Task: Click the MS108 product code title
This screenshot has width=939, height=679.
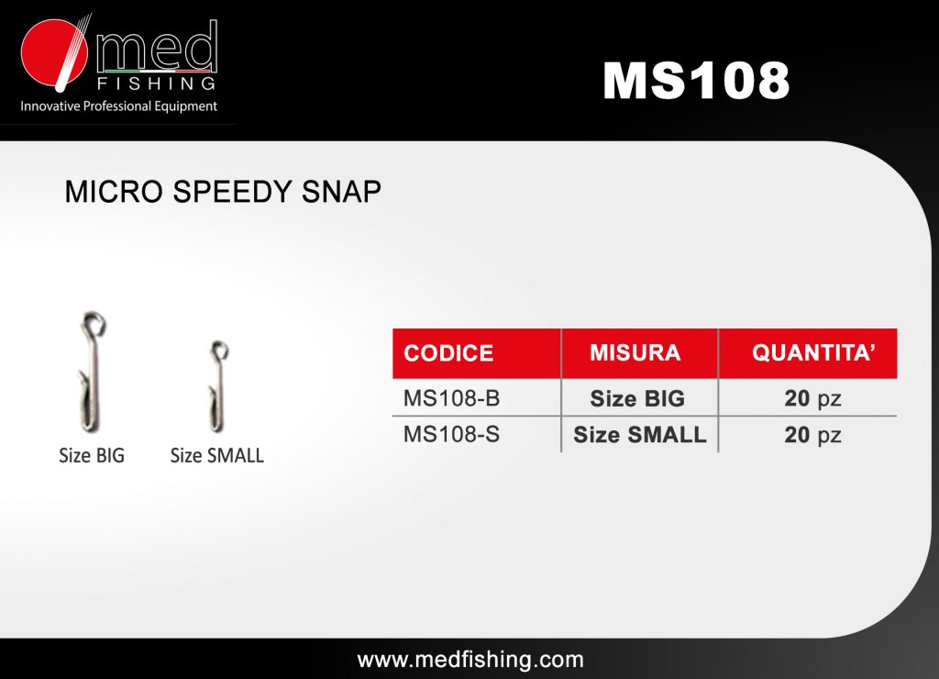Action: coord(696,80)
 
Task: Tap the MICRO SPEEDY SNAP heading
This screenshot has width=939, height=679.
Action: coord(223,192)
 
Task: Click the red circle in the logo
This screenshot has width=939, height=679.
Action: coord(52,52)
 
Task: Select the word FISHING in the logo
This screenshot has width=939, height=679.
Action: coord(156,83)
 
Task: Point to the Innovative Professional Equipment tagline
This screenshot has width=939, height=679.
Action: coord(118,106)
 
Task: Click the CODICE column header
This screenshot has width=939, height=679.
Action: coord(448,353)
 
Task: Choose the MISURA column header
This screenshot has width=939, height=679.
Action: coord(635,352)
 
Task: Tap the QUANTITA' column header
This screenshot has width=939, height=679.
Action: coord(814,352)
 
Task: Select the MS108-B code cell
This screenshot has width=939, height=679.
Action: coord(451,398)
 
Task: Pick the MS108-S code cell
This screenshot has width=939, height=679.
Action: coord(451,434)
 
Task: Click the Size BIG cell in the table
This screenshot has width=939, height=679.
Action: coord(637,398)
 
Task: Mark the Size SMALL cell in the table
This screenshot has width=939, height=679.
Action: coord(639,435)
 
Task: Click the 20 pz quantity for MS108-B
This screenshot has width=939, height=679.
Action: coord(812,398)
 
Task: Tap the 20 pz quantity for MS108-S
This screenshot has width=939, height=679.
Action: coord(812,435)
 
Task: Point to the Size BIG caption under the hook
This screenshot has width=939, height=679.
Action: coord(92,455)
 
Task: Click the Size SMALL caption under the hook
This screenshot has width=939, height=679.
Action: coord(216,455)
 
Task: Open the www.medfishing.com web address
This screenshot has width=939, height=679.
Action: coord(470,660)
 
